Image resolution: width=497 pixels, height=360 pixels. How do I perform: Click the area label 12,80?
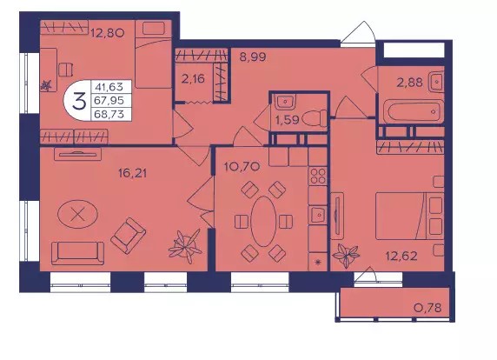107,33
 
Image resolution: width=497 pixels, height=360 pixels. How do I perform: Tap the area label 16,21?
132,173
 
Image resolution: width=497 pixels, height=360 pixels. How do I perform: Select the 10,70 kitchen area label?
242,166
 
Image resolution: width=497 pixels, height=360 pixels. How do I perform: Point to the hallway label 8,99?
253,57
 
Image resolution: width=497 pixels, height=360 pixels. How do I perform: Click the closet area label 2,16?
193,78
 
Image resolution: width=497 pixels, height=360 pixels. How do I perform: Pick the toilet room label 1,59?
288,120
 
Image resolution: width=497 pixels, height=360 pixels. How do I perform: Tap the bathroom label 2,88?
410,83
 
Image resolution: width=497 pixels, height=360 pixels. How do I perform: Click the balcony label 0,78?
427,307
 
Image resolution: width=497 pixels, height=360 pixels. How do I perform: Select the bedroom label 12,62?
401,256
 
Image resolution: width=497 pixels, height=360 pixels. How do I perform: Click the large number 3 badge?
78,101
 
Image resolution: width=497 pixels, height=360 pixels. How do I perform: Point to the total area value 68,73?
109,114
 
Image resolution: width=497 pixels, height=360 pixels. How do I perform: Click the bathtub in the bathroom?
414,111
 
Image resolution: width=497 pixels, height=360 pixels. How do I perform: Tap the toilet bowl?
315,118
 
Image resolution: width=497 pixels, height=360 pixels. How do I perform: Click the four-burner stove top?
318,176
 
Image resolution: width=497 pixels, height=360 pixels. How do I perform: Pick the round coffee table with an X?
77,215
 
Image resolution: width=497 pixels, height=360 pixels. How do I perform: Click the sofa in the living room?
77,253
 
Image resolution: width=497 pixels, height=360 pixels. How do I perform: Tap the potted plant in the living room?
185,246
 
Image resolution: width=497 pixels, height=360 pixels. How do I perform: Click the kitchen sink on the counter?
318,215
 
